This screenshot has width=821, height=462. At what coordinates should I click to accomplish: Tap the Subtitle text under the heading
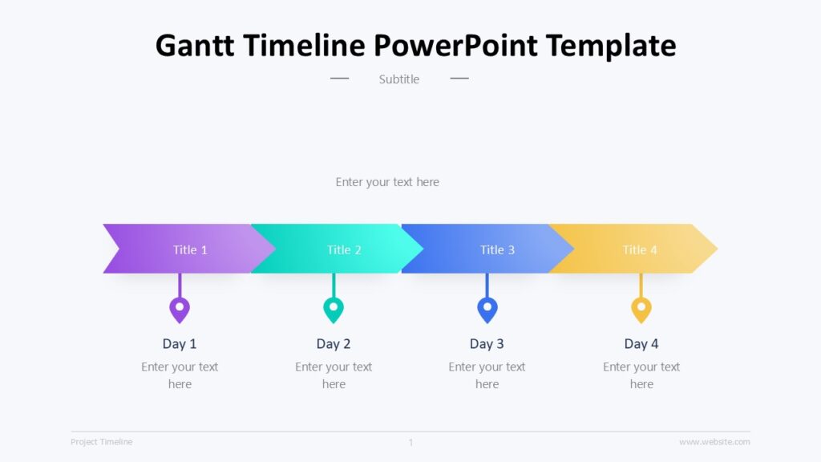click(399, 79)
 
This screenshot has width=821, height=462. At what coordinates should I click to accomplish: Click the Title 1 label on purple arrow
click(190, 249)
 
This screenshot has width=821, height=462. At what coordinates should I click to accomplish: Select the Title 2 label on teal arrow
click(344, 249)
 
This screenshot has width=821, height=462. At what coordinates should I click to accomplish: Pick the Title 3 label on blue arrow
click(497, 249)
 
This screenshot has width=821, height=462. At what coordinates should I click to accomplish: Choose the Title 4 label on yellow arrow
click(640, 249)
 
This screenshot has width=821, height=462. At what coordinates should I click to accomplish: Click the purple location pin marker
click(180, 309)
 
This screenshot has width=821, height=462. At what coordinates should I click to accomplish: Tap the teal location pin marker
click(334, 309)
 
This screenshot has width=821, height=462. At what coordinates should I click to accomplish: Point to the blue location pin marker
click(487, 309)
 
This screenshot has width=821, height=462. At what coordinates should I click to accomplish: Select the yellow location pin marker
click(641, 309)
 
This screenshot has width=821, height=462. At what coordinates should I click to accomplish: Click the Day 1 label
click(180, 344)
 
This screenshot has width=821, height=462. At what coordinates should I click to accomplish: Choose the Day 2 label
click(334, 344)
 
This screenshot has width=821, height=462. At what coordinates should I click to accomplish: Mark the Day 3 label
click(487, 344)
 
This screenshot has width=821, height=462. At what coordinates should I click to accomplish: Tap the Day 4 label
click(641, 344)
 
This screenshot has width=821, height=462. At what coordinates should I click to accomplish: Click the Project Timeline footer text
click(102, 442)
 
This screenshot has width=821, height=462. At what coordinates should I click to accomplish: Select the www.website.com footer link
click(714, 442)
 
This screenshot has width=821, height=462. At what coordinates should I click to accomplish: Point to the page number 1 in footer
click(410, 442)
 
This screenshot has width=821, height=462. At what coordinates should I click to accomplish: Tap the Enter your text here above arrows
click(387, 182)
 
